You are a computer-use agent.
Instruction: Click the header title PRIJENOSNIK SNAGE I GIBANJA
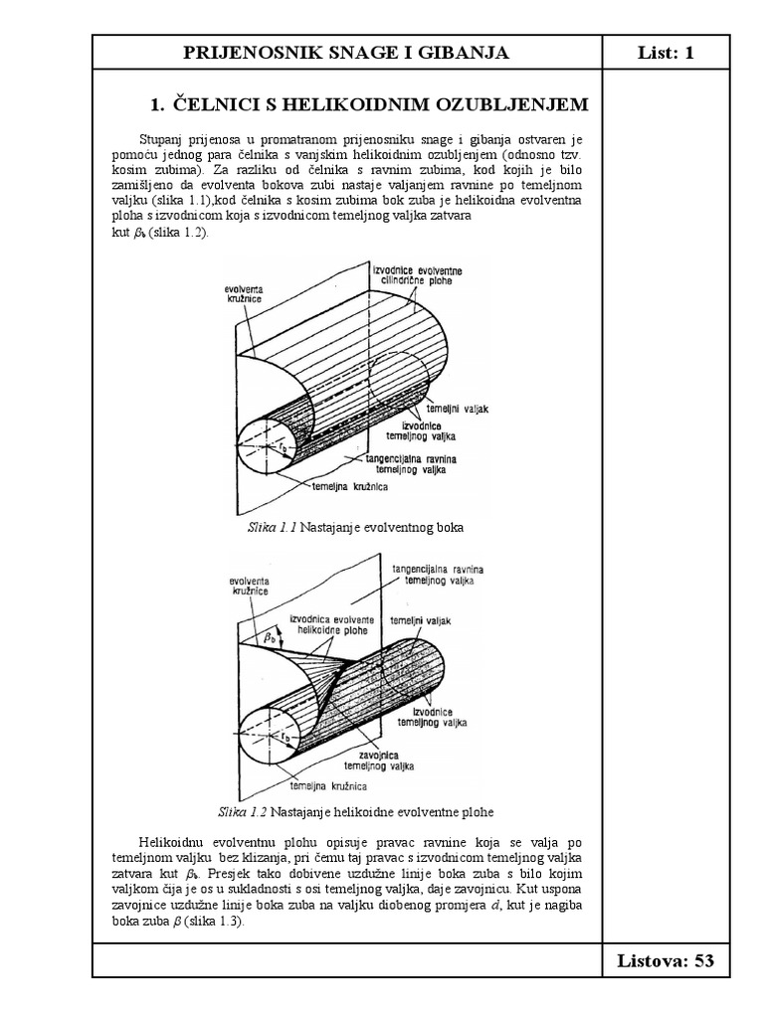[347, 53]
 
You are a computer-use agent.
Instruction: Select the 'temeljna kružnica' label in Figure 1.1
[349, 488]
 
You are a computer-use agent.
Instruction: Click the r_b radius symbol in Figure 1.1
[284, 448]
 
